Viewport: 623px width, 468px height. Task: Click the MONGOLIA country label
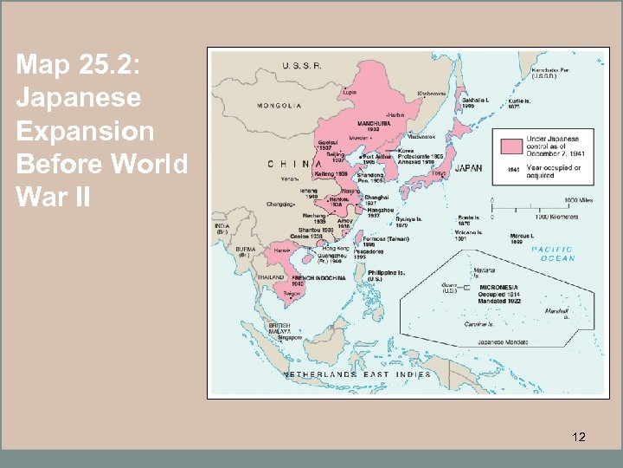[x=279, y=107]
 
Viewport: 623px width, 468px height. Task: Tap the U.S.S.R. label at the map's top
[x=302, y=66]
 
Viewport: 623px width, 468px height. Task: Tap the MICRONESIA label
[x=499, y=287]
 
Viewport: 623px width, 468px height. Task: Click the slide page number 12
[x=579, y=438]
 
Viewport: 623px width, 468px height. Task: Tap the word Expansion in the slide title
[x=85, y=131]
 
